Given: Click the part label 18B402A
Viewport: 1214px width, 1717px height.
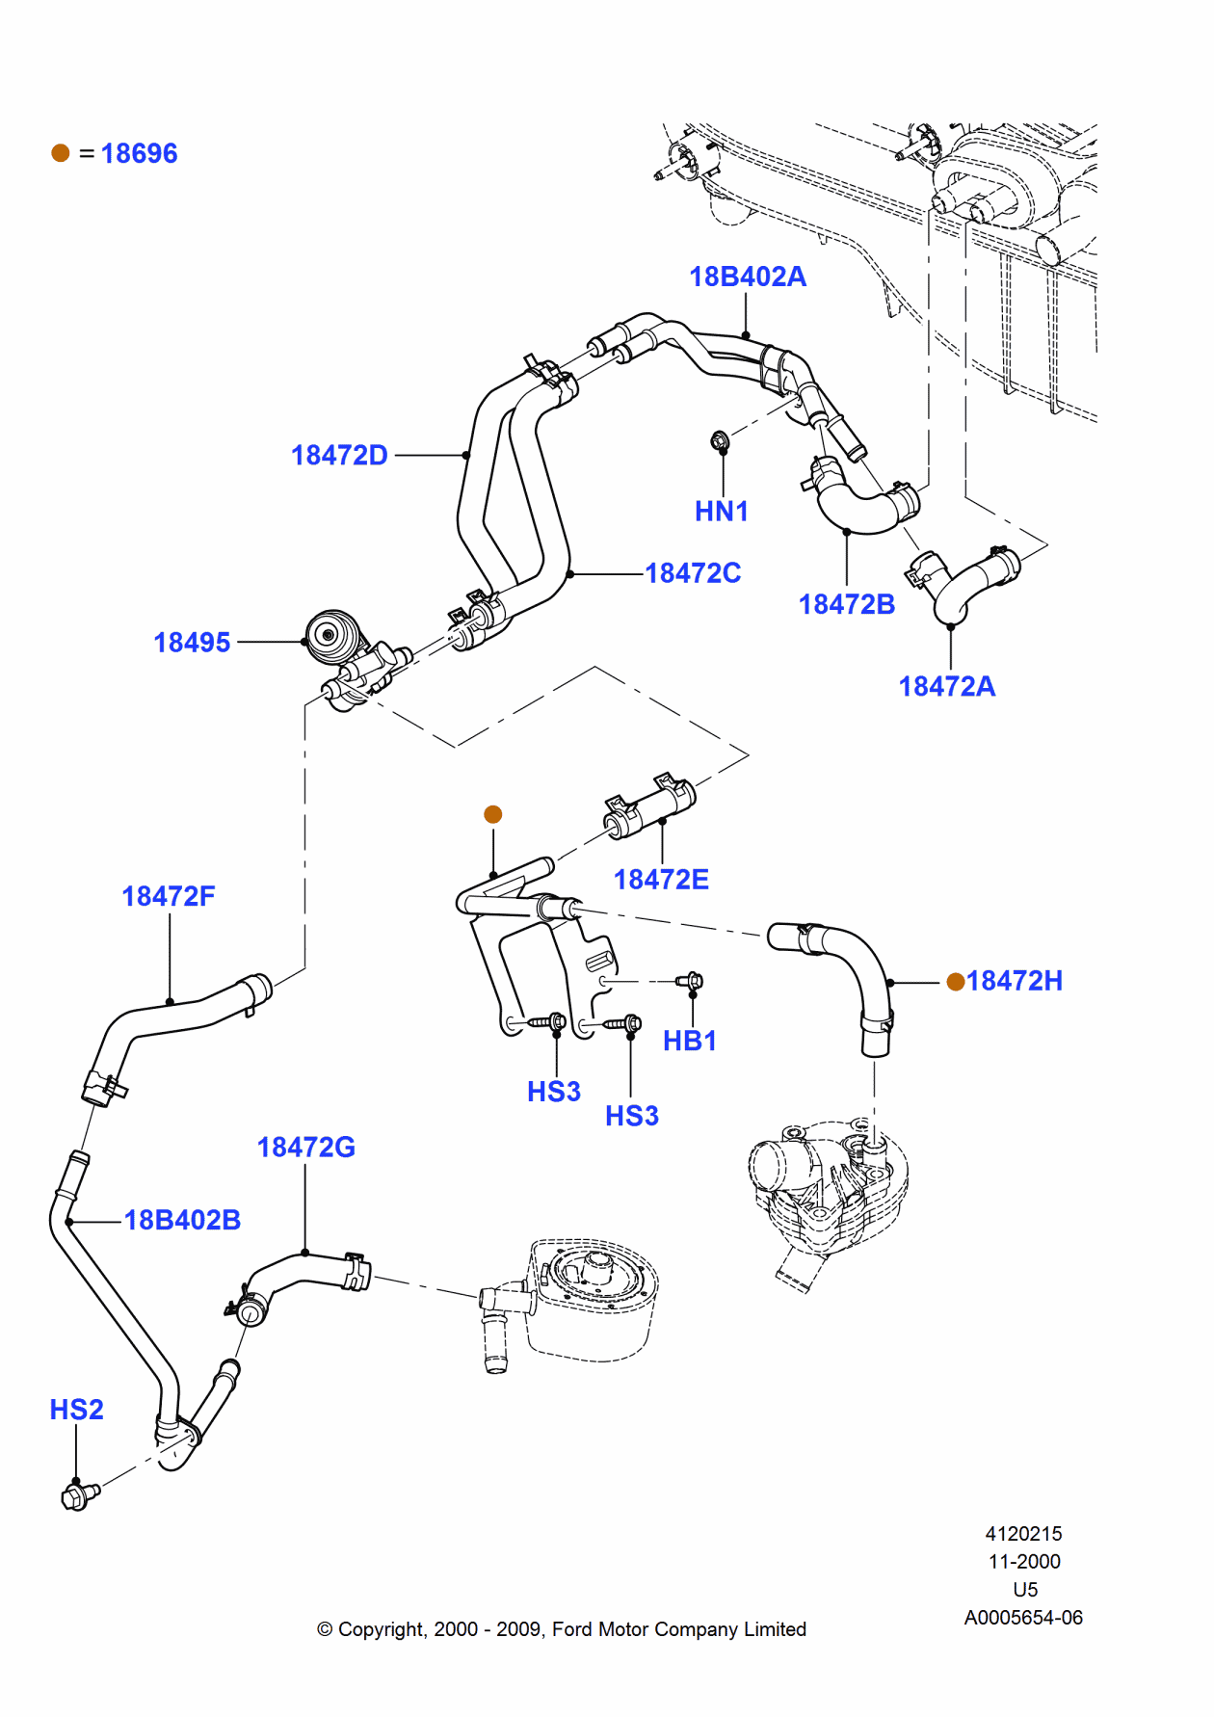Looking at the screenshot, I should pos(747,277).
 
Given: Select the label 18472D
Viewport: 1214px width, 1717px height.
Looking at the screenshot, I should pos(339,455).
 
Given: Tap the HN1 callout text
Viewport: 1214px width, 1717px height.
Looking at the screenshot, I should pos(721,511).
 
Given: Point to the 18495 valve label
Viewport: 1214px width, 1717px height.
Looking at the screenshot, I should pos(192,643).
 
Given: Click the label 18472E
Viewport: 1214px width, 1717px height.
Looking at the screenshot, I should pos(661,879).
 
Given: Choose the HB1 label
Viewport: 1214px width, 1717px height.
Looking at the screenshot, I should pos(689,1041).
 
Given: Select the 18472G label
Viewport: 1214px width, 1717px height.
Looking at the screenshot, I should pos(305,1147).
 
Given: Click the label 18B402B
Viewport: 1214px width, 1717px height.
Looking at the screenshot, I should pos(182,1220).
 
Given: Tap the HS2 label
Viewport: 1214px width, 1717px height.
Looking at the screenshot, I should pos(76,1410).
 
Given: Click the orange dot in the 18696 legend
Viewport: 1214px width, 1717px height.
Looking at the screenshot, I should pos(61,153).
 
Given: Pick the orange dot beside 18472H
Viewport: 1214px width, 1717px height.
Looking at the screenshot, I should pos(956,981).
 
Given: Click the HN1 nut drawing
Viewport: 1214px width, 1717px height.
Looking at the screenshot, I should pos(719,441).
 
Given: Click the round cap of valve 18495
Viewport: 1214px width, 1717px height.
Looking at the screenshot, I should pos(329,635).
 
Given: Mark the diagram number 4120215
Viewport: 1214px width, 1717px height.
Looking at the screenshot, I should pos(1023,1533).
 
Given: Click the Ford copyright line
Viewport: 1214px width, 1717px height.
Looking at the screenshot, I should pos(561,1628).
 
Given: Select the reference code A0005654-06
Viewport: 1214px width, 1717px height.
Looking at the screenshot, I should pos(1023,1618).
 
